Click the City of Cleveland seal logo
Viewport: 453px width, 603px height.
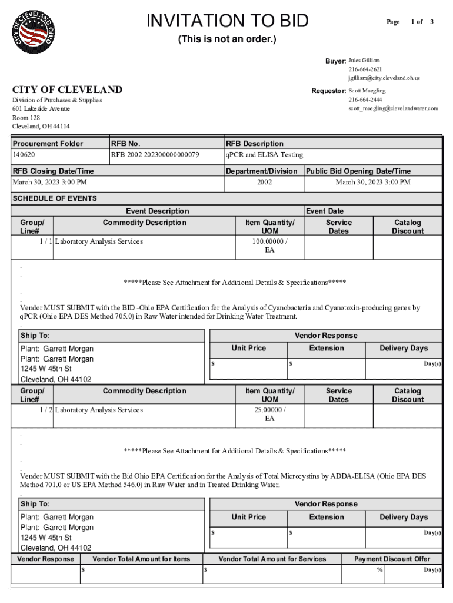(35, 34)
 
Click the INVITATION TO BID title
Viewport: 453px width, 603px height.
(227, 21)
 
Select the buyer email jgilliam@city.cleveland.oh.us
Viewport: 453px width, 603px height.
(384, 78)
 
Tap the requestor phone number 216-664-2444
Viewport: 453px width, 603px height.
(365, 100)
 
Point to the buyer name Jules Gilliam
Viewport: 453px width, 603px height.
(364, 61)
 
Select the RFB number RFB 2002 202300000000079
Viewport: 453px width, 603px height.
(155, 155)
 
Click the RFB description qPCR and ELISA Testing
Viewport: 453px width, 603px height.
(264, 155)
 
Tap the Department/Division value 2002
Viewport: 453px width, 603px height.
(264, 183)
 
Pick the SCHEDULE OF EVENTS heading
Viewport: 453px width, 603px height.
(55, 198)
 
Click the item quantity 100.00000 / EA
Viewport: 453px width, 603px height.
(269, 246)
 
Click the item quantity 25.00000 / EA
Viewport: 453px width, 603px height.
(269, 414)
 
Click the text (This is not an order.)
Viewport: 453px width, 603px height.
(227, 39)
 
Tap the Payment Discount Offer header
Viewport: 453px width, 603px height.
(392, 559)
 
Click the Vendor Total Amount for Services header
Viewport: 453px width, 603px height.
(272, 559)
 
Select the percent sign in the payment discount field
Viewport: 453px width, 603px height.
(379, 570)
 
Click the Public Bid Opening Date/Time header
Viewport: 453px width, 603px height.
(357, 171)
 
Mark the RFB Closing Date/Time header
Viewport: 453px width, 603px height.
(54, 171)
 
